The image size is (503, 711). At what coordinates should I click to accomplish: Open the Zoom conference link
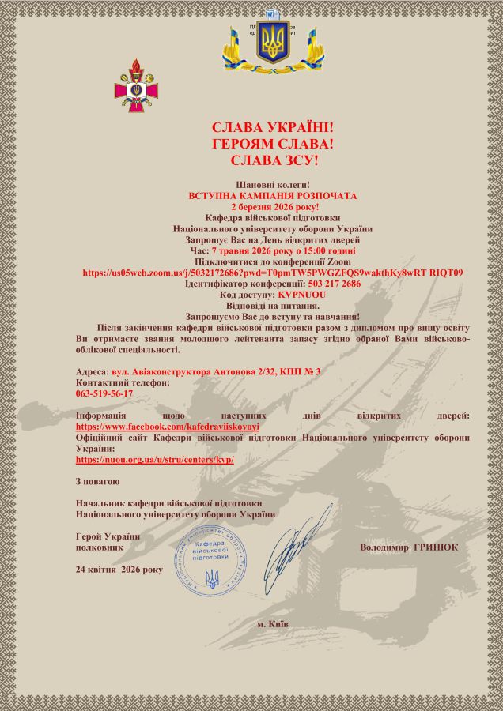click(x=273, y=272)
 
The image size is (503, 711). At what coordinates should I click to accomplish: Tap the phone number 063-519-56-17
click(x=104, y=393)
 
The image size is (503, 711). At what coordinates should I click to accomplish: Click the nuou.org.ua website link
click(x=155, y=459)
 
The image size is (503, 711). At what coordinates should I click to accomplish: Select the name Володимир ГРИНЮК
click(x=408, y=547)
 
